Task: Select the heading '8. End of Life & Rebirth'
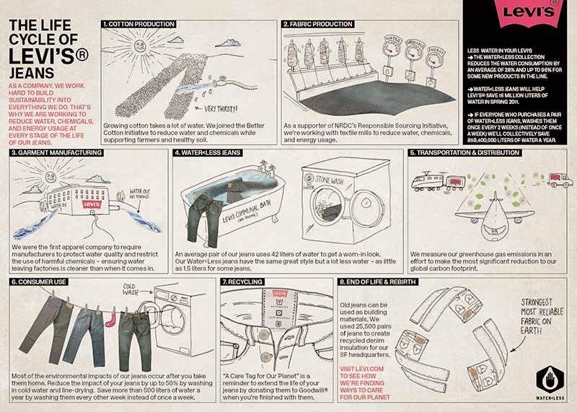(379, 282)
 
